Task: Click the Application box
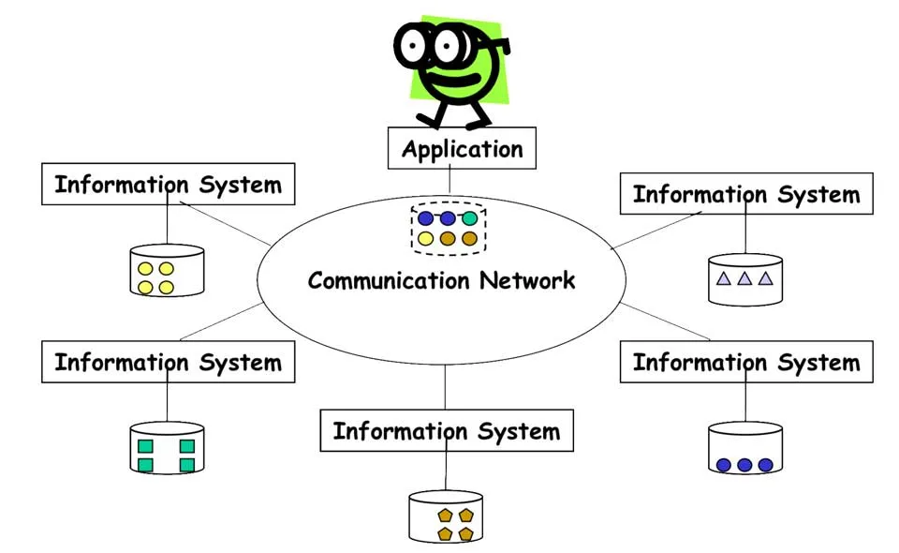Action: (x=462, y=148)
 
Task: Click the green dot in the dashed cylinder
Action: (x=470, y=218)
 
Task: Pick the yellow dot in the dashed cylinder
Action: (x=426, y=239)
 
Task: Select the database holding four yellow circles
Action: (x=167, y=271)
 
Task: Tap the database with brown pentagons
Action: (x=446, y=516)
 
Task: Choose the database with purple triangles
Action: (x=745, y=279)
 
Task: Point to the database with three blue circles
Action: (x=745, y=448)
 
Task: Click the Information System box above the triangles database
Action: (x=746, y=194)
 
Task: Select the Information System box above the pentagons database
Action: (x=446, y=431)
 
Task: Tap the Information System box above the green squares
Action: (x=168, y=362)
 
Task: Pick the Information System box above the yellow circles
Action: (x=168, y=184)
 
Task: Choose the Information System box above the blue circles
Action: (x=746, y=362)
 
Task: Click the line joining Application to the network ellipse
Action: (x=449, y=181)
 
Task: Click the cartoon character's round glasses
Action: (x=431, y=43)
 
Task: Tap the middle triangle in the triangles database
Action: (x=744, y=278)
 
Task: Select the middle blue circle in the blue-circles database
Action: (x=744, y=465)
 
